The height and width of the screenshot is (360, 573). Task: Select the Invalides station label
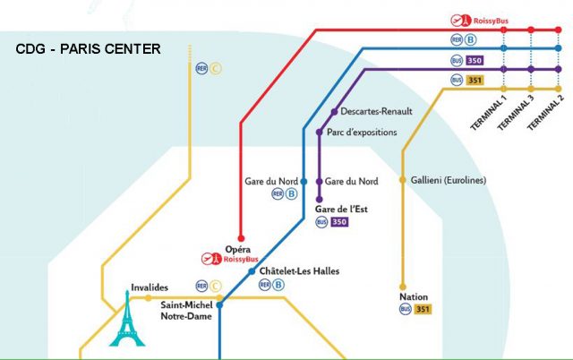click(150, 287)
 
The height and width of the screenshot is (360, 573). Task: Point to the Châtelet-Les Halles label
click(299, 271)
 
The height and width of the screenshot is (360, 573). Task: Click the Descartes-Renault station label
click(377, 112)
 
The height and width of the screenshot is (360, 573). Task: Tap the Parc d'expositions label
click(362, 133)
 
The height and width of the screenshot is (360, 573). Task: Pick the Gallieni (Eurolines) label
click(449, 180)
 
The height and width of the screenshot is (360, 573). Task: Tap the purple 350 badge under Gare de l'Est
click(339, 222)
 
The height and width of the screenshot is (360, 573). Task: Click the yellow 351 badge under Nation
click(423, 310)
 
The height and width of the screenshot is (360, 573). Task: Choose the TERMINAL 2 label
click(546, 112)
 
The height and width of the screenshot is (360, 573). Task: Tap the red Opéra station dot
click(239, 238)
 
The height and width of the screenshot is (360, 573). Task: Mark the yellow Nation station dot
click(402, 287)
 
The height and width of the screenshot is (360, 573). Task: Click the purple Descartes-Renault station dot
click(334, 113)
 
